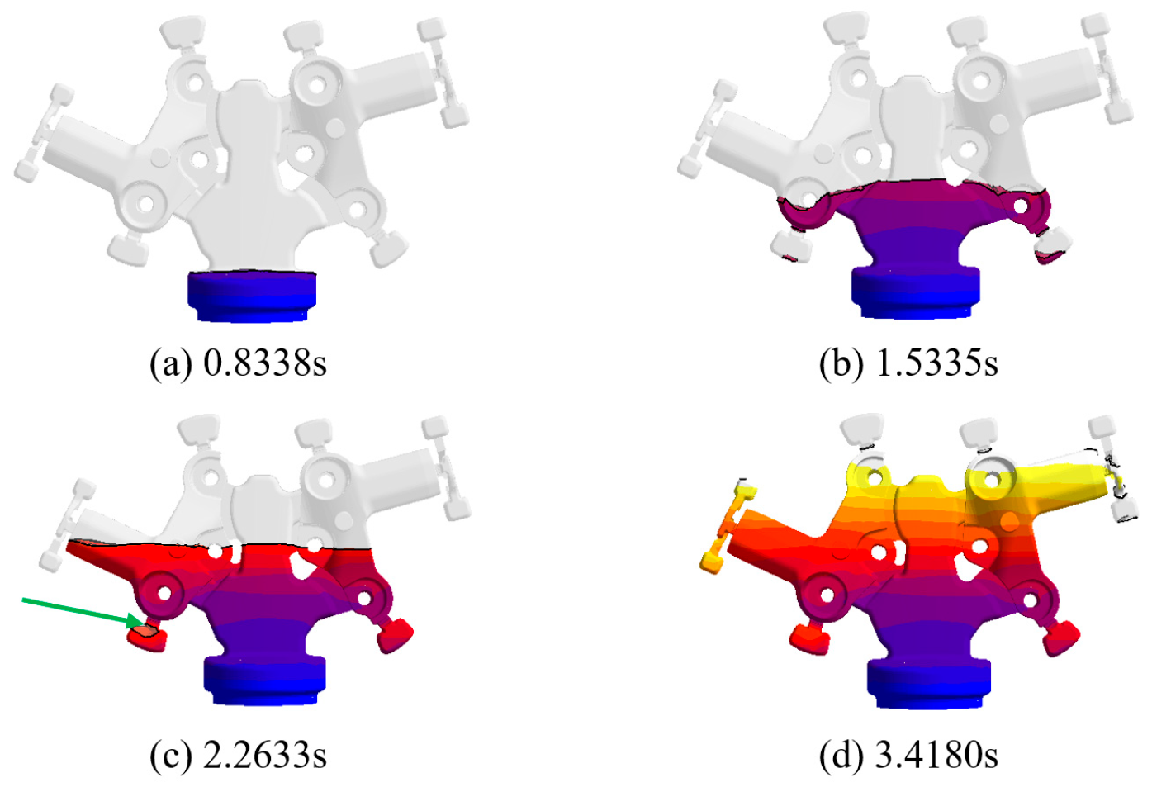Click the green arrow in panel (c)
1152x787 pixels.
(83, 613)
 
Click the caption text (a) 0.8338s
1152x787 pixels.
(238, 363)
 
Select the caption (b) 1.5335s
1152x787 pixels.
(908, 363)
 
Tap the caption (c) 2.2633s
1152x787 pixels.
(238, 755)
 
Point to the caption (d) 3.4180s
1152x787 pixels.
(908, 755)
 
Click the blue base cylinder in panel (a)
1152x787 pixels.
(252, 296)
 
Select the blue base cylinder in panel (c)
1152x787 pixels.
(265, 680)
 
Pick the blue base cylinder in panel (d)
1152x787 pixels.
(929, 684)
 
